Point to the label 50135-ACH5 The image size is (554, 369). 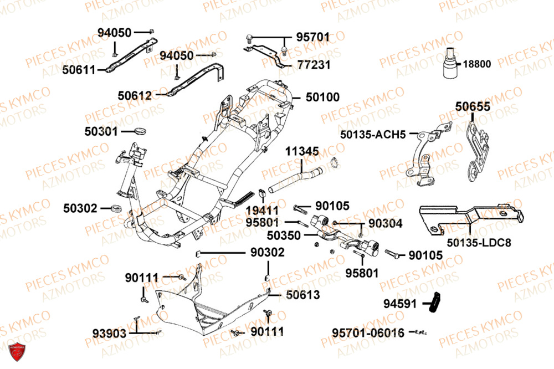373,134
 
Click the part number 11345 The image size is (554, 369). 302,151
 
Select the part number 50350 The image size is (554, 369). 284,235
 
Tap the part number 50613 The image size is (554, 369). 303,295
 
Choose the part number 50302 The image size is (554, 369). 80,208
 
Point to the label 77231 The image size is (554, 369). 313,65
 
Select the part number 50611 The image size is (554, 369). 79,70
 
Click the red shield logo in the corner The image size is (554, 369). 18,350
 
